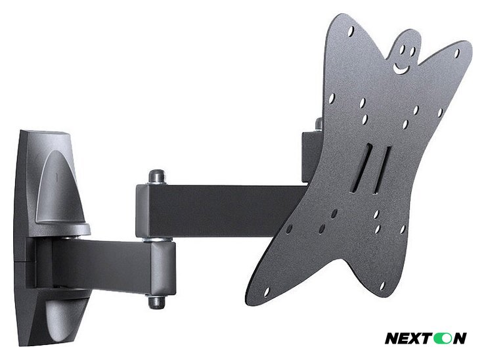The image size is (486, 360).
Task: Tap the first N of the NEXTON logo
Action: tap(391, 338)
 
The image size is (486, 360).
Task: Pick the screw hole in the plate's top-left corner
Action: tap(350, 31)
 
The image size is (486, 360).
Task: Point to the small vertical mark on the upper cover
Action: tap(58, 177)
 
